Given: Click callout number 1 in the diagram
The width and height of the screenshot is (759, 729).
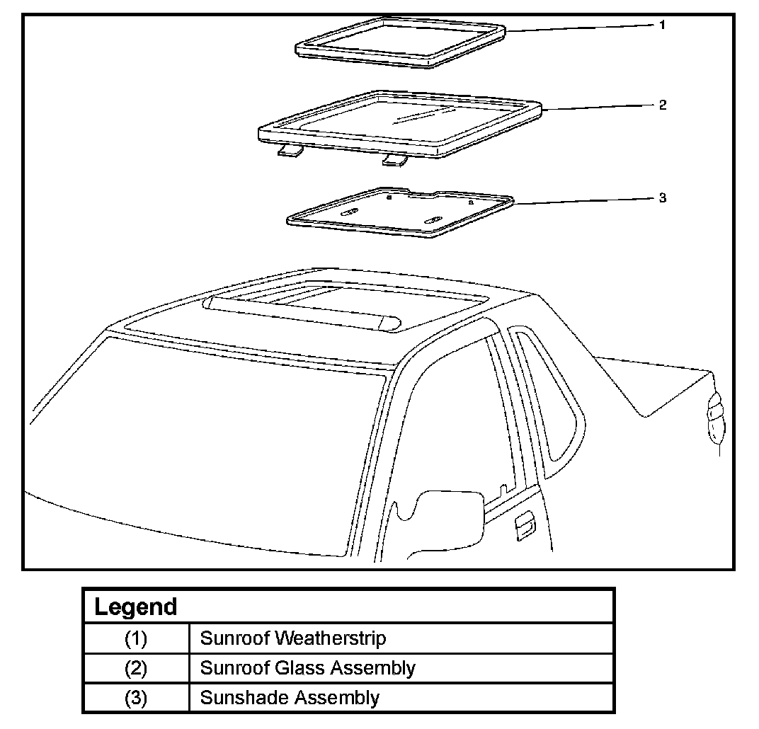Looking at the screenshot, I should tap(661, 25).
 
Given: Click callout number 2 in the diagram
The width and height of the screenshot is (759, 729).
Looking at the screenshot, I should tap(662, 105).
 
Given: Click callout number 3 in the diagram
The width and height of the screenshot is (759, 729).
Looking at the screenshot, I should tap(662, 197).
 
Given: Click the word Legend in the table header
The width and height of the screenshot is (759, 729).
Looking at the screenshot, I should tap(136, 607).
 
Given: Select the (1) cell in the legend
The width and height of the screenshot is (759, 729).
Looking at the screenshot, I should tap(136, 638).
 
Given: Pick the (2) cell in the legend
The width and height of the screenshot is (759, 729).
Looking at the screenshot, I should tap(136, 667).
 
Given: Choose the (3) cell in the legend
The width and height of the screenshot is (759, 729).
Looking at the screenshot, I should tap(136, 697).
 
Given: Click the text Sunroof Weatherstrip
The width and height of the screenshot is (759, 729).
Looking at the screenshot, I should tap(293, 638).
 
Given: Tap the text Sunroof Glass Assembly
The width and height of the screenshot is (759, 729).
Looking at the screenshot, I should tap(307, 667).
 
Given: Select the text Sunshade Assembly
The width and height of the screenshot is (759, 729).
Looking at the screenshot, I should tap(290, 697).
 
